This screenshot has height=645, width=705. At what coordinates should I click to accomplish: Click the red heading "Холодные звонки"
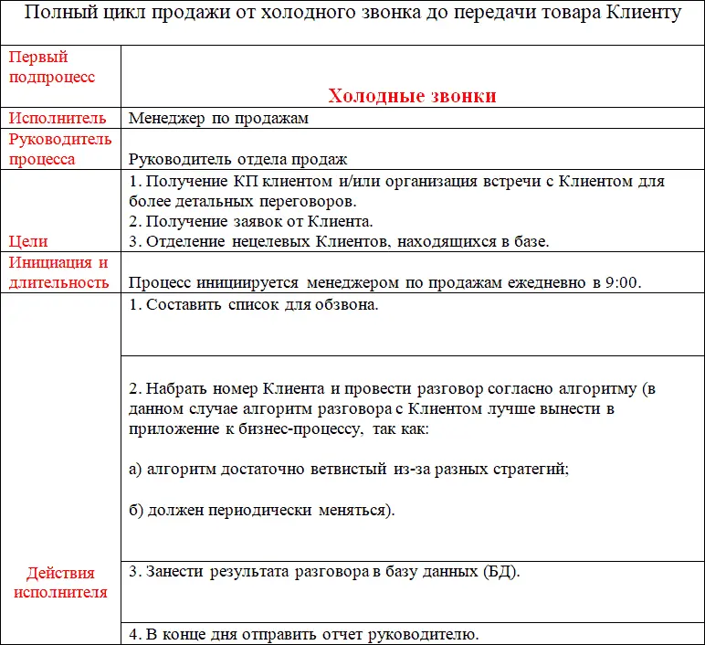[x=412, y=96]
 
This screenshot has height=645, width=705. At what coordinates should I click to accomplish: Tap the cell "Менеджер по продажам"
[x=218, y=118]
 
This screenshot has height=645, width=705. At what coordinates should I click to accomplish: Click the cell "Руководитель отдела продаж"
[x=237, y=159]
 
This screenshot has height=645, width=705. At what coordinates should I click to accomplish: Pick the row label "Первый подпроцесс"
[x=52, y=67]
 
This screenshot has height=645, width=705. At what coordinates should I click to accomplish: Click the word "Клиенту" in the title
[x=645, y=14]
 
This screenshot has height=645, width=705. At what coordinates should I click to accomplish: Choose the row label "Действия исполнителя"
[x=60, y=582]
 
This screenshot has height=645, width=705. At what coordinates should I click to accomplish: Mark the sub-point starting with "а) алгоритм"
[x=348, y=469]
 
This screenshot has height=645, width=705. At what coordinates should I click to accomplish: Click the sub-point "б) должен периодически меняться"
[x=260, y=510]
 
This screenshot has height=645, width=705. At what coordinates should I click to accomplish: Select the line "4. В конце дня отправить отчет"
[x=302, y=634]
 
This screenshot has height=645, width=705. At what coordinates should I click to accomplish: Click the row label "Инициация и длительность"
[x=58, y=272]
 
